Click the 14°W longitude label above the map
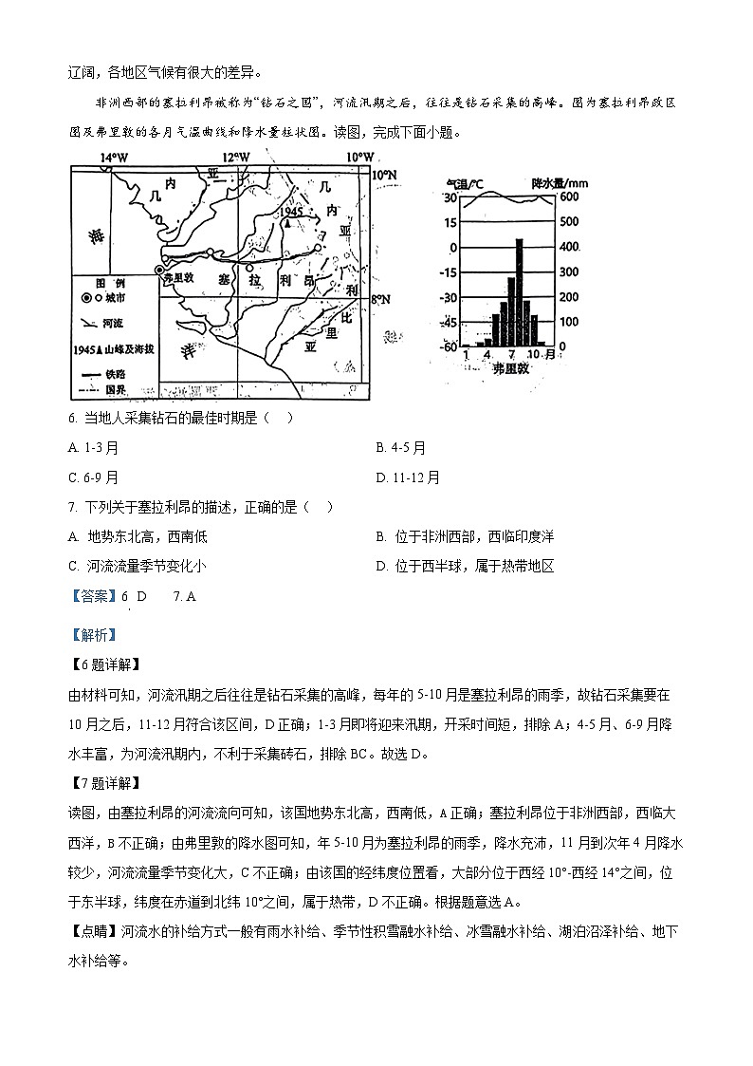(114, 158)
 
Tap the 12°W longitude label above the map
(236, 158)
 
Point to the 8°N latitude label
(380, 300)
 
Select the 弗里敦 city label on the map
(178, 279)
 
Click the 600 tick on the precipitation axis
(568, 197)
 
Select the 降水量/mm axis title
(560, 181)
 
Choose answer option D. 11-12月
(408, 477)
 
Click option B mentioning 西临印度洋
(465, 536)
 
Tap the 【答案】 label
(94, 596)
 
